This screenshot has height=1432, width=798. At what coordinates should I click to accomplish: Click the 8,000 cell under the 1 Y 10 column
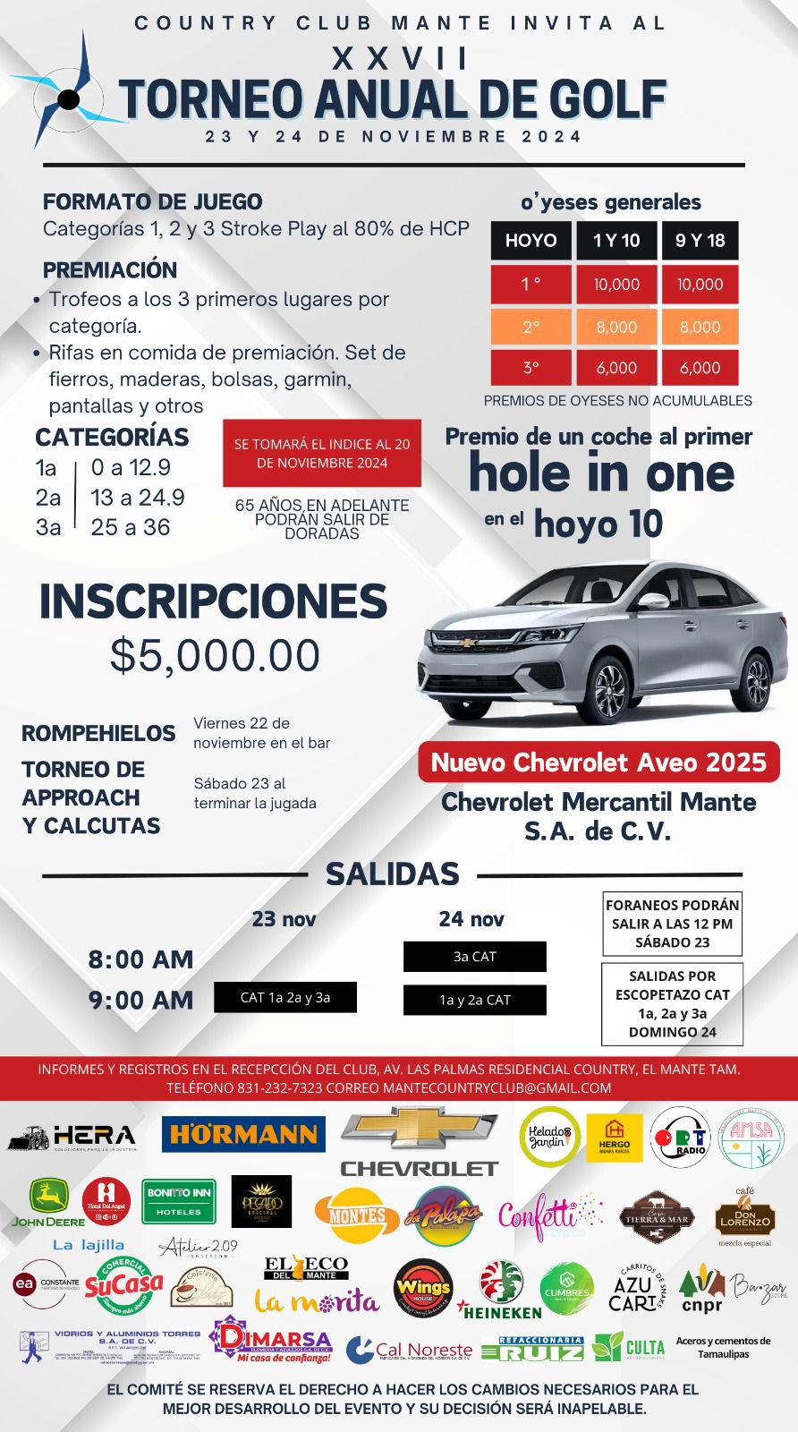click(616, 328)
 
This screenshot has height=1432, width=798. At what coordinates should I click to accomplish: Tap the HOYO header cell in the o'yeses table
click(531, 241)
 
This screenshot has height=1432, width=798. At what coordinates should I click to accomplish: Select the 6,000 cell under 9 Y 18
click(700, 368)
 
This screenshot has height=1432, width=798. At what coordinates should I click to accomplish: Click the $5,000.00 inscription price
click(215, 655)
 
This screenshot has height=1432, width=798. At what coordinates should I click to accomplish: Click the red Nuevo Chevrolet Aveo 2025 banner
click(598, 763)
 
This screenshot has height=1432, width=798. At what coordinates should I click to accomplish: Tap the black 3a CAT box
click(474, 957)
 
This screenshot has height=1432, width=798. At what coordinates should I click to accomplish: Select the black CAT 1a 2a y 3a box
click(285, 997)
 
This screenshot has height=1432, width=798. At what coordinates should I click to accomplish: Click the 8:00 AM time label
click(140, 959)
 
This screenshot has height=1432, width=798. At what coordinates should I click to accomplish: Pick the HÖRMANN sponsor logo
click(243, 1135)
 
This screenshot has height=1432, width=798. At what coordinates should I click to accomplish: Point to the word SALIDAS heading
click(392, 874)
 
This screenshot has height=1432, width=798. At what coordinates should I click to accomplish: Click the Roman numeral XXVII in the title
click(400, 59)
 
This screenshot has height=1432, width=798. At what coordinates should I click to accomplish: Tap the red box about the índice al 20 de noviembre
click(321, 453)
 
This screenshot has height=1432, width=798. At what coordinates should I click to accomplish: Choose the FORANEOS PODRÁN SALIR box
click(672, 924)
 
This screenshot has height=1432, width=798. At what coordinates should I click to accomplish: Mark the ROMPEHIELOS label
click(98, 733)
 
